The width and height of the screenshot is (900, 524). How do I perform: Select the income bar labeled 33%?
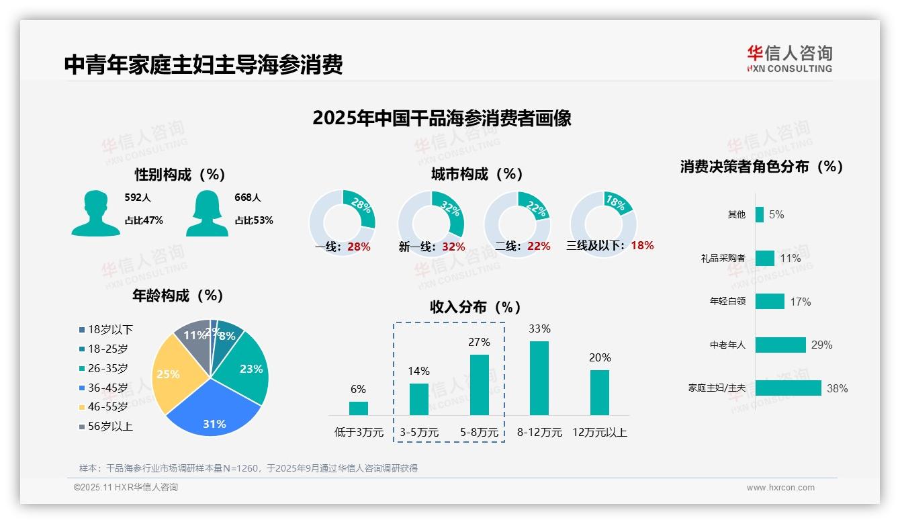tap(539, 378)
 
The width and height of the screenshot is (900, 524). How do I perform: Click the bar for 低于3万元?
tap(359, 408)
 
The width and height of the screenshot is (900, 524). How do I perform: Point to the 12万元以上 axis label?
tap(599, 432)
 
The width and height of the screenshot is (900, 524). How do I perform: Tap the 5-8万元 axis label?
tap(480, 432)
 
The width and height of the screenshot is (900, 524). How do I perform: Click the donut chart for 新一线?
tap(431, 224)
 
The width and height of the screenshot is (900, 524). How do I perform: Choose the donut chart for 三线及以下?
tap(603, 224)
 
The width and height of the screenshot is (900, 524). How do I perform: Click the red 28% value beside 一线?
tap(359, 247)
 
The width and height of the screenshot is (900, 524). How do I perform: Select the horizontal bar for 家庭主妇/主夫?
tap(788, 388)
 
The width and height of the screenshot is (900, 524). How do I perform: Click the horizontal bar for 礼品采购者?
tap(764, 258)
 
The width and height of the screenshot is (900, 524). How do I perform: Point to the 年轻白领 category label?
tap(727, 302)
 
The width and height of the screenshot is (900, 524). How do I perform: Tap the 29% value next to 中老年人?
tap(821, 345)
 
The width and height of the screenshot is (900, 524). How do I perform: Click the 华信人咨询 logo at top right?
tap(789, 58)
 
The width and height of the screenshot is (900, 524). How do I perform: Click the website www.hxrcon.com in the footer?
tap(780, 488)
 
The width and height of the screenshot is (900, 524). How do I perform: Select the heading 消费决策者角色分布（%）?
tap(761, 167)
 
